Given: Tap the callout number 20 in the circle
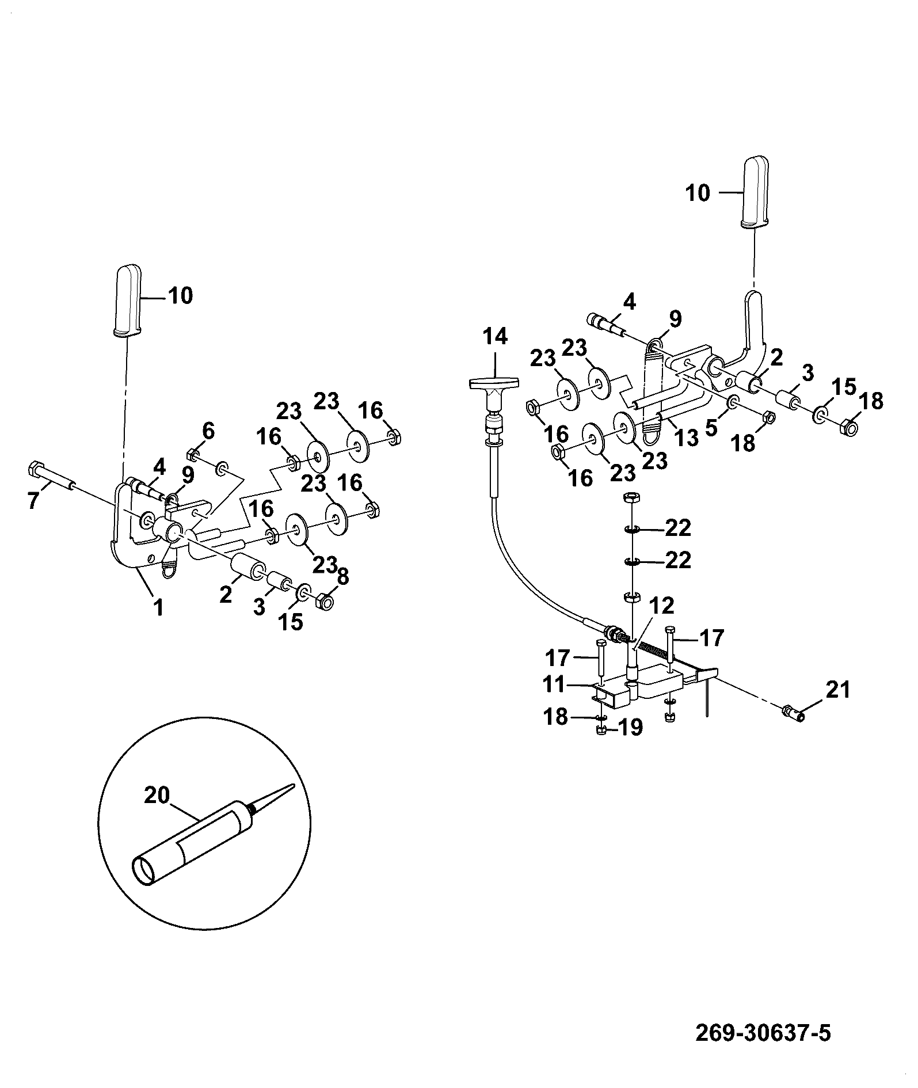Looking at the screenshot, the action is tap(157, 796).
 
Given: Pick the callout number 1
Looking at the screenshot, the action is tap(158, 608).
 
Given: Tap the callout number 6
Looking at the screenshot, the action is tap(208, 430).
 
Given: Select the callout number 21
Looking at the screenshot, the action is tap(837, 689).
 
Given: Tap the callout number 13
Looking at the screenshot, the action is tap(687, 439).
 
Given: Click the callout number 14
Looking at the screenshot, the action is tap(495, 336).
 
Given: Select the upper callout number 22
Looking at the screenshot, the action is tap(677, 528).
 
